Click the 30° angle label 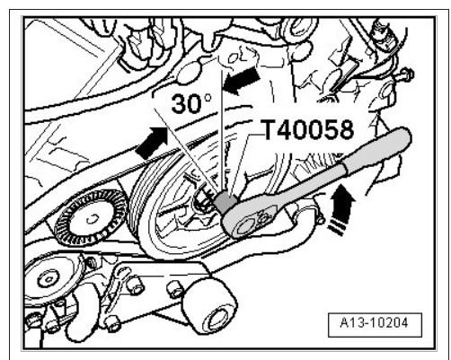pos(191,103)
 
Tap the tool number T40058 pos(308,129)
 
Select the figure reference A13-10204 pos(375,323)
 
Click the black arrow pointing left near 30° pos(242,81)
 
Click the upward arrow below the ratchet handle pos(341,209)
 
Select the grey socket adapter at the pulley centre pos(225,201)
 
